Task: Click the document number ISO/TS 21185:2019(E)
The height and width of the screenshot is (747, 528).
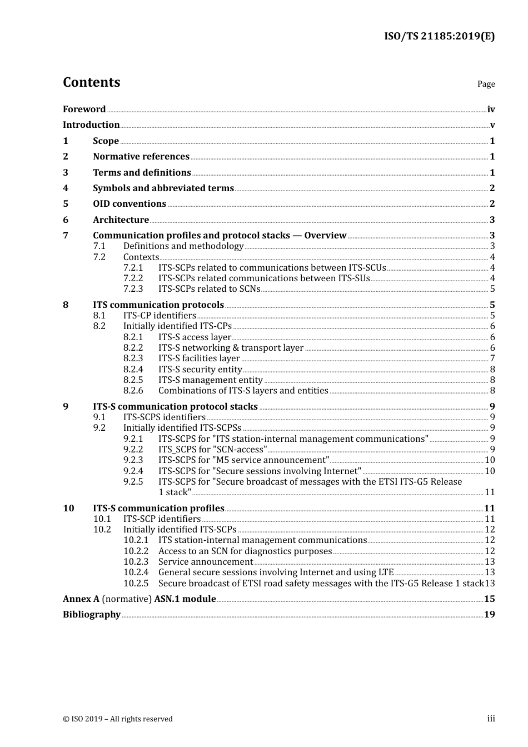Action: click(x=439, y=37)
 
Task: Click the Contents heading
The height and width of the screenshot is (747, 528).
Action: click(x=91, y=82)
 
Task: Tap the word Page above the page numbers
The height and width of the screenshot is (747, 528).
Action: click(x=486, y=84)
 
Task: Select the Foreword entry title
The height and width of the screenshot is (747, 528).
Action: click(x=84, y=109)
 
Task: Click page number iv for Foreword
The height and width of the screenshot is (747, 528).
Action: click(x=491, y=109)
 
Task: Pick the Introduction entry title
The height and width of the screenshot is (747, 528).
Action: click(x=91, y=125)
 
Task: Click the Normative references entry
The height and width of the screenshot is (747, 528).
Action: click(x=141, y=157)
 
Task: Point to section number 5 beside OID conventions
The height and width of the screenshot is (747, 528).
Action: click(x=66, y=204)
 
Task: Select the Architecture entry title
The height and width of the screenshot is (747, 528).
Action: click(x=121, y=220)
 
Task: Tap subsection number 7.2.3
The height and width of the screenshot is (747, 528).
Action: click(x=133, y=289)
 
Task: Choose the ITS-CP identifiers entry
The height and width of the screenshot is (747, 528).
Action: click(x=160, y=316)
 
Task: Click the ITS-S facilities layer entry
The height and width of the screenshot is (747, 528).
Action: click(x=199, y=358)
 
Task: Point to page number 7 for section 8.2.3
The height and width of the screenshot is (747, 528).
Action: click(x=492, y=358)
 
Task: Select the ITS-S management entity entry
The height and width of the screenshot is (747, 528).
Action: click(x=210, y=380)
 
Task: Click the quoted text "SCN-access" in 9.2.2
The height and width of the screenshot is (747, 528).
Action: click(x=240, y=450)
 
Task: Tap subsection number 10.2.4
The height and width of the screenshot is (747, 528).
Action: click(x=136, y=572)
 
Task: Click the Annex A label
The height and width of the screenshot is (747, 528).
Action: click(x=81, y=599)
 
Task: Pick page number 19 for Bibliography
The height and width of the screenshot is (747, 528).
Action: click(x=490, y=615)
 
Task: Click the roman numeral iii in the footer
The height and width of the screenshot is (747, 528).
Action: click(x=491, y=719)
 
